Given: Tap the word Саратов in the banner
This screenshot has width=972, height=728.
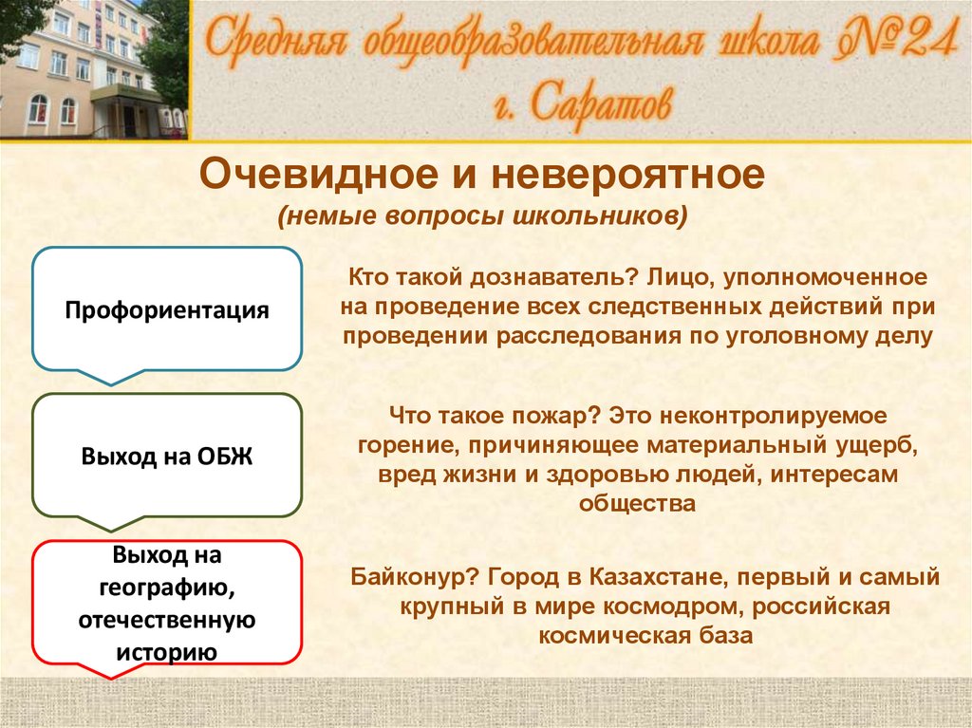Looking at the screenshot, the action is tap(601, 105).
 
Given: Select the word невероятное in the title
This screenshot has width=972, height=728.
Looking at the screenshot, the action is tap(628, 175).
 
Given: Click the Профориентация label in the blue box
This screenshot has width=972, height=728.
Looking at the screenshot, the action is tap(167, 310).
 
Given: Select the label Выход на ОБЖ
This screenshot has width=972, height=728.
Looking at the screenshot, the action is tap(167, 457).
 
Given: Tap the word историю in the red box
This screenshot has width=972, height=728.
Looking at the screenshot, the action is tap(167, 652).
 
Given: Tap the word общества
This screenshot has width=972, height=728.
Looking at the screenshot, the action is tap(637, 503).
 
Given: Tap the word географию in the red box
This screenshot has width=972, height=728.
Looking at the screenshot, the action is tap(167, 588).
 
